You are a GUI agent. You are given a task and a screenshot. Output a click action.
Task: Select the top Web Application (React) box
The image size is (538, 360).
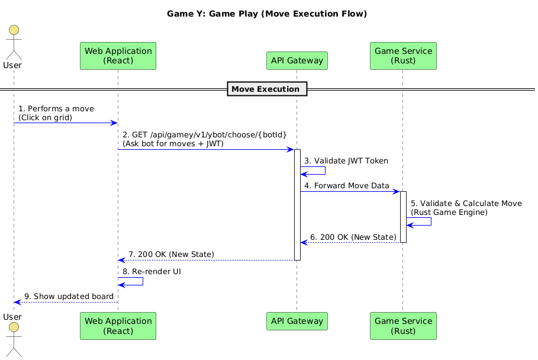coord(118,56)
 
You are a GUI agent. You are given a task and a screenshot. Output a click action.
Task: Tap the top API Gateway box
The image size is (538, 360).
coord(297,60)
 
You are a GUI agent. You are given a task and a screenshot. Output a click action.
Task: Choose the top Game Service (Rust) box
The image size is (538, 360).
coord(402,56)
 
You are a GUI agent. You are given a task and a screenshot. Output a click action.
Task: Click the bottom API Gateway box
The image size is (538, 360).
coord(297,321)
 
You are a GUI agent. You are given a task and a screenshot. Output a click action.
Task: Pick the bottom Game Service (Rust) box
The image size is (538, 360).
coord(402,326)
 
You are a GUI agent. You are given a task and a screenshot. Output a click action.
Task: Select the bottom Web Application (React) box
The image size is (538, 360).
coord(118,326)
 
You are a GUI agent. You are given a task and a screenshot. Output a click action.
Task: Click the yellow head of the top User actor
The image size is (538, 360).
coord(13,30)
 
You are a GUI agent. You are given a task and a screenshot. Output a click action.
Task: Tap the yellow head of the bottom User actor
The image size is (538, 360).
coord(13,327)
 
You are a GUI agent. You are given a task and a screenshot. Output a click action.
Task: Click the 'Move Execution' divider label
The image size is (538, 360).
coord(265,89)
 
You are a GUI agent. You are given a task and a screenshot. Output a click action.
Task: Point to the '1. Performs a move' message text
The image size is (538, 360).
coord(56,109)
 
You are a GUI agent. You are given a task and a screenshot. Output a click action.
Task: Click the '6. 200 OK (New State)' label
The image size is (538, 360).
coord(353,237)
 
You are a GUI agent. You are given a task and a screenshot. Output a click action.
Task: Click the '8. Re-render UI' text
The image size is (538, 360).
coord(152,271)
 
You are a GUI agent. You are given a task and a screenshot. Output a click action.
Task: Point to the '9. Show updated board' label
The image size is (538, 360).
coord(69,297)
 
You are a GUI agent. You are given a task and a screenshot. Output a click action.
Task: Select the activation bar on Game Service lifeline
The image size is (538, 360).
coord(402,217)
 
